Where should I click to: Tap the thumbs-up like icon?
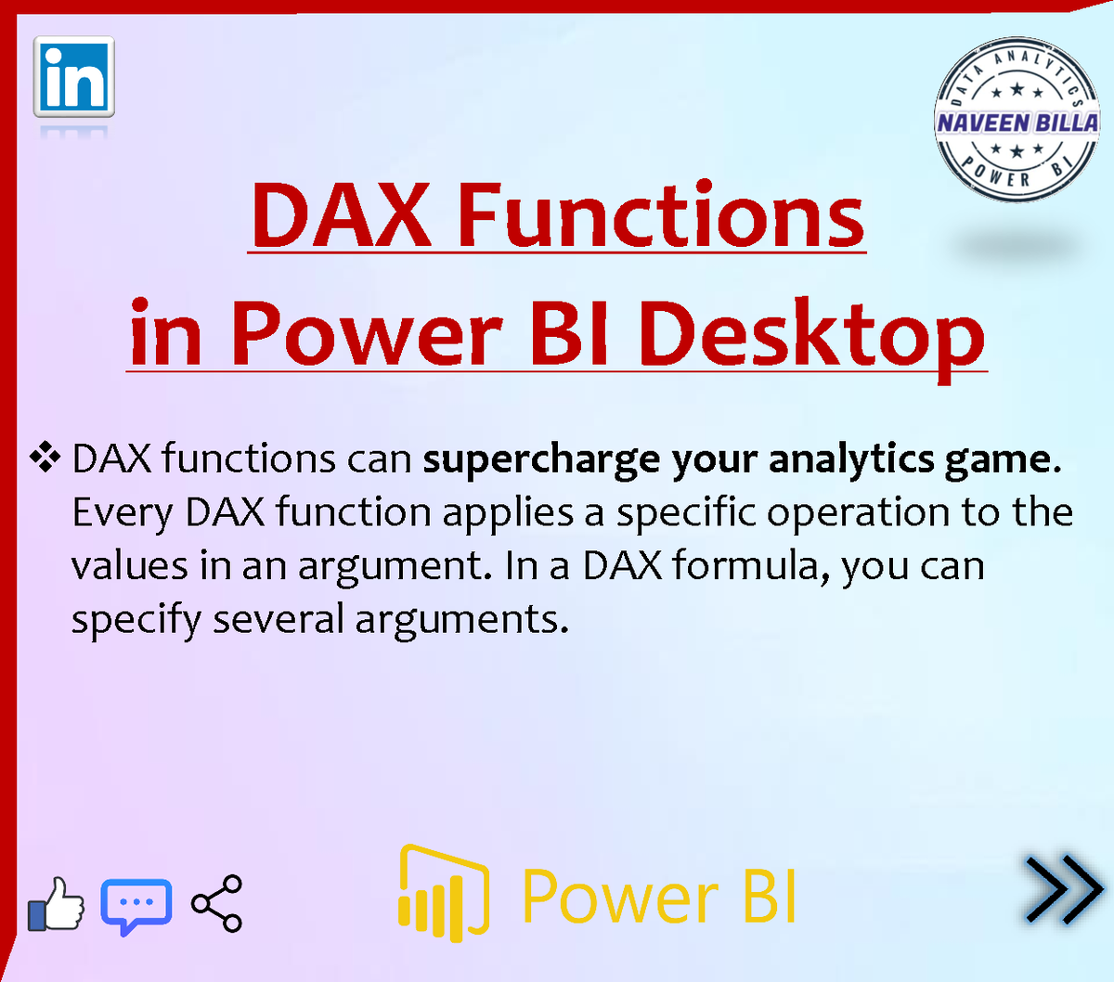coord(56,904)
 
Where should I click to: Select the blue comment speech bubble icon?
coord(136,906)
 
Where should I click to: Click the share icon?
coord(216,903)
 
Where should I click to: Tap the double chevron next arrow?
coord(1064,890)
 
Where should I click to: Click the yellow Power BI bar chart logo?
coord(444,893)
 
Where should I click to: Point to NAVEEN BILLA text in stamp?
coord(1017,123)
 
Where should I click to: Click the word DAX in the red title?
coord(342,216)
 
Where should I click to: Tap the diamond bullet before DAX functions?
coord(45,458)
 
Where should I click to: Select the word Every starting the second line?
coord(122,513)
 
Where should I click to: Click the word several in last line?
coord(278,618)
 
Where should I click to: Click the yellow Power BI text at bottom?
coord(659,897)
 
